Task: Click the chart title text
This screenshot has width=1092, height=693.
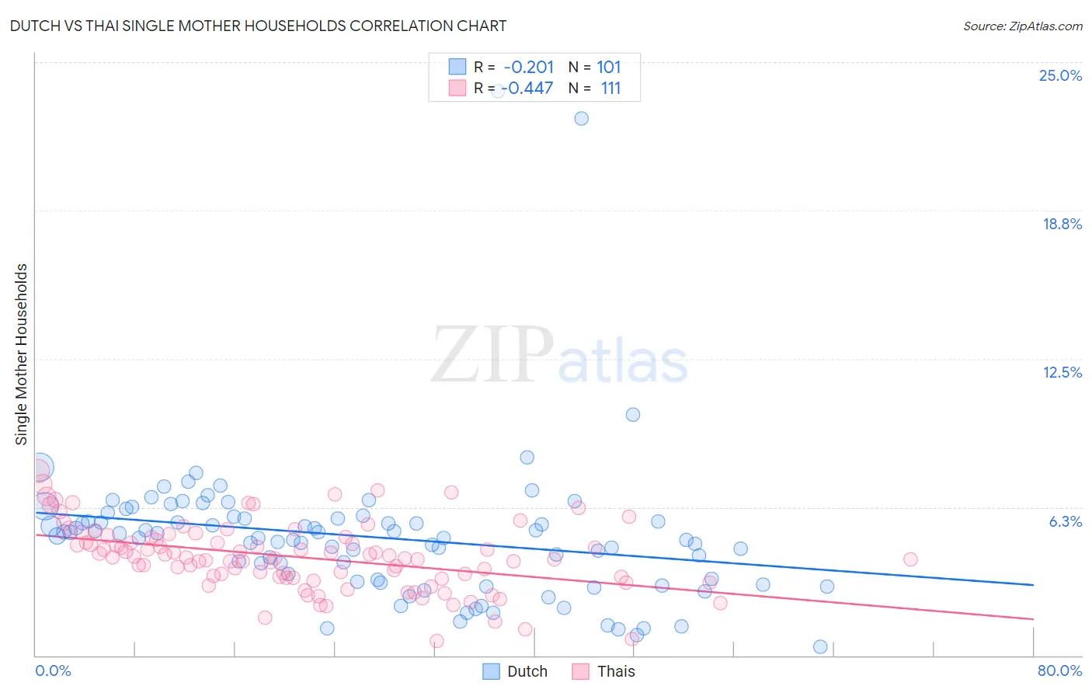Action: pyautogui.click(x=258, y=26)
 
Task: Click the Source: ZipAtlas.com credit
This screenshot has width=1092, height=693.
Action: pyautogui.click(x=1022, y=26)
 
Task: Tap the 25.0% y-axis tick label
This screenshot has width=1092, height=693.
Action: pyautogui.click(x=1060, y=75)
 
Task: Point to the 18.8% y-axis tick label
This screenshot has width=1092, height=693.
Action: pyautogui.click(x=1062, y=224)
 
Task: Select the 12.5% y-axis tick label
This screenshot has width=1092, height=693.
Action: pyautogui.click(x=1062, y=372)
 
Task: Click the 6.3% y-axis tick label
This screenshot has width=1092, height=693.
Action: pyautogui.click(x=1065, y=521)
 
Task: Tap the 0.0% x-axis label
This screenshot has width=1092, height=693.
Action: pyautogui.click(x=53, y=670)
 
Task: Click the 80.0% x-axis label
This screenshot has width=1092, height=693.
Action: pyautogui.click(x=1059, y=670)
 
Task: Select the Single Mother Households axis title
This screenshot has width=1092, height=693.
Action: pyautogui.click(x=21, y=354)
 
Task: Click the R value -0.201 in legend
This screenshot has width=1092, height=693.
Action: pyautogui.click(x=529, y=68)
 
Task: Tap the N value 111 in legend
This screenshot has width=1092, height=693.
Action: pyautogui.click(x=610, y=88)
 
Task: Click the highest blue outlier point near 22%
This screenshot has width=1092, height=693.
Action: pyautogui.click(x=581, y=119)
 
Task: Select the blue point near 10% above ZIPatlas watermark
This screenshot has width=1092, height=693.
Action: pyautogui.click(x=633, y=415)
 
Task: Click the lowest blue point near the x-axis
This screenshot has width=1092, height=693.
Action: pyautogui.click(x=820, y=646)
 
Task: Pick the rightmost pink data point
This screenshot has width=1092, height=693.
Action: pyautogui.click(x=910, y=559)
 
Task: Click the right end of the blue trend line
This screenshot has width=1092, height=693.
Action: pyautogui.click(x=1033, y=584)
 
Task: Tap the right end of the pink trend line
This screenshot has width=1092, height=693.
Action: pyautogui.click(x=1033, y=618)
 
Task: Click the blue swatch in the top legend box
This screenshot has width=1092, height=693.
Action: pyautogui.click(x=457, y=68)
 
